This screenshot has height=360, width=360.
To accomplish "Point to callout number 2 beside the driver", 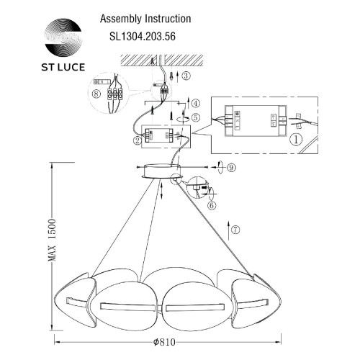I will click(136, 141).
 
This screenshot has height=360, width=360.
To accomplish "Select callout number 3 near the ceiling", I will click(186, 75).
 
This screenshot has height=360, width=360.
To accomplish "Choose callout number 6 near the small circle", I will click(212, 204).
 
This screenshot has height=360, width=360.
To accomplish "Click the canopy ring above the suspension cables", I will click(161, 174).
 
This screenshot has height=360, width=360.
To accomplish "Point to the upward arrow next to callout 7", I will click(228, 230).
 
